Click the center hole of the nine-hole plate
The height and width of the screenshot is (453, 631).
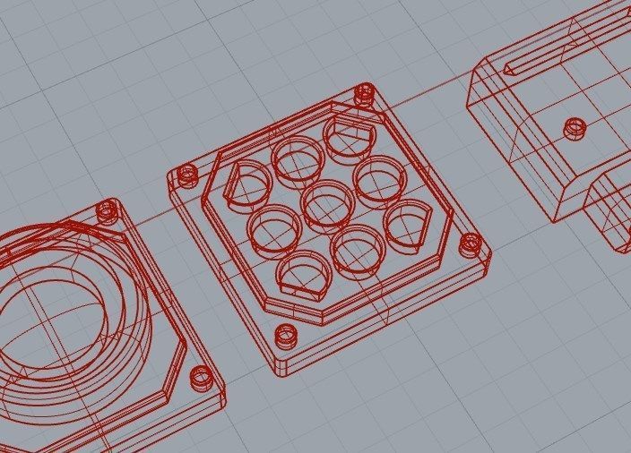(x=327, y=203)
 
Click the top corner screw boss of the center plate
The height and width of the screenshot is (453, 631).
(x=364, y=92)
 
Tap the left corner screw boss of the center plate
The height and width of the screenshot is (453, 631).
(x=187, y=175)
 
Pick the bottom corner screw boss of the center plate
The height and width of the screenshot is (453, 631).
(x=286, y=337)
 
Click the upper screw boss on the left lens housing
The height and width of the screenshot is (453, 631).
(x=108, y=210)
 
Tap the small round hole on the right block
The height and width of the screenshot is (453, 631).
(x=574, y=129)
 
